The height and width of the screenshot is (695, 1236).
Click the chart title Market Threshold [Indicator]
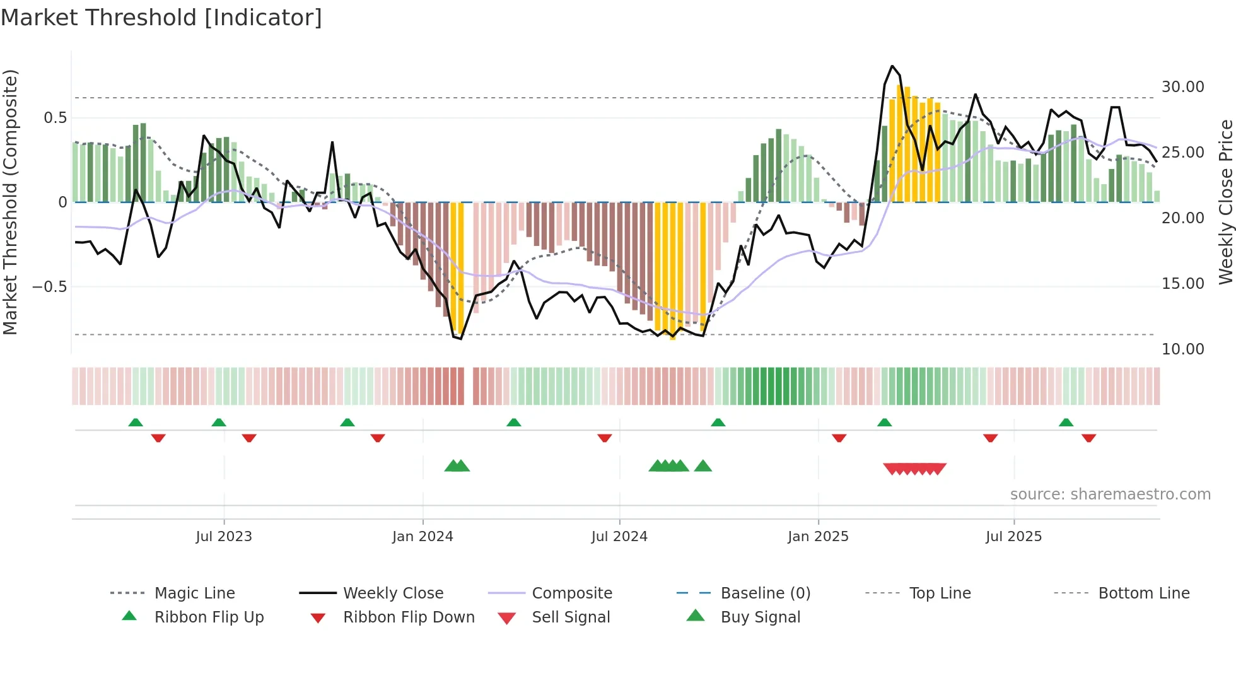coord(161,18)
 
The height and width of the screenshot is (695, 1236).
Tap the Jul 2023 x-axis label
coord(224,537)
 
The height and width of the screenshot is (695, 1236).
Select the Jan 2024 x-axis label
coord(423,537)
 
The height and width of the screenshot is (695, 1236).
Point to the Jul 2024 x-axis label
coord(619,537)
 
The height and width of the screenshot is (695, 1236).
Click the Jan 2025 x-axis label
coord(818,537)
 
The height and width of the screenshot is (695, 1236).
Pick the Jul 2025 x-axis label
coord(1013,537)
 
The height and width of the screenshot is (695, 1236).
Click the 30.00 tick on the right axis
coord(1182,87)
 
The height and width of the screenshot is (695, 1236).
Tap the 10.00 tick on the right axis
coord(1182,349)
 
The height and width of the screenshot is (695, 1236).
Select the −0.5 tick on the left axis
coord(49,287)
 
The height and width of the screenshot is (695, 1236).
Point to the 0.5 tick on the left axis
coord(55,118)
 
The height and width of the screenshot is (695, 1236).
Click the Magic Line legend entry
coord(194,593)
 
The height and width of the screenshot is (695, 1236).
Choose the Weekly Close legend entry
coord(393,593)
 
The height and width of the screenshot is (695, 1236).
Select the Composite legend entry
coord(571,593)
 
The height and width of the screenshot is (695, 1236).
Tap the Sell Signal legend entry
coord(570,617)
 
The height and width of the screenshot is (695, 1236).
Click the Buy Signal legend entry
coord(760,617)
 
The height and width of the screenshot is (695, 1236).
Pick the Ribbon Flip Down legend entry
coord(408,617)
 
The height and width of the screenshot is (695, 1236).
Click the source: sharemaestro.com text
coord(1110,494)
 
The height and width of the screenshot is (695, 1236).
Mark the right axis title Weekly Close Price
coord(1225,202)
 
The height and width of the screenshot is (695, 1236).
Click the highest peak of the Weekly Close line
coord(892,66)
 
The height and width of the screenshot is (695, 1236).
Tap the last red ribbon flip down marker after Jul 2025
coord(1088,438)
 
